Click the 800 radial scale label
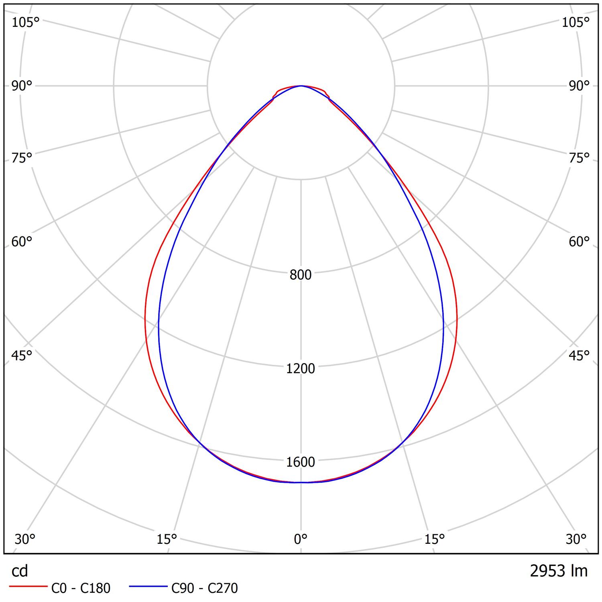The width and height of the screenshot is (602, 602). point(301,275)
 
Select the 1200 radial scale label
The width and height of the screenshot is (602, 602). point(301,368)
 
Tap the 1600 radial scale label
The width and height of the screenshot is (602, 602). point(301,462)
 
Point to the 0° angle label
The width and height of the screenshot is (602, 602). point(301,539)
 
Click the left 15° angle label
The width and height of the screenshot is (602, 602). point(167,539)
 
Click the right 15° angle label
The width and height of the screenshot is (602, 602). point(435,539)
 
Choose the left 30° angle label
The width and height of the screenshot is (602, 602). point(25,539)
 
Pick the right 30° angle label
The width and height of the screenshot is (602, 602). point(576,539)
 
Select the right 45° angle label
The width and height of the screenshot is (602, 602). point(579,355)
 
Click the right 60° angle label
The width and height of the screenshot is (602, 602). point(579,242)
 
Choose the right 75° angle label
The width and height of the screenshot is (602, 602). point(579,158)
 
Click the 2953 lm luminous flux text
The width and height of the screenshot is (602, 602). point(559,571)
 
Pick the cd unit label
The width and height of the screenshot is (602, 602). point(20,571)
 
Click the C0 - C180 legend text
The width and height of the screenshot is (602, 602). point(81,588)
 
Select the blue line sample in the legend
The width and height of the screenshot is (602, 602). point(148,587)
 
